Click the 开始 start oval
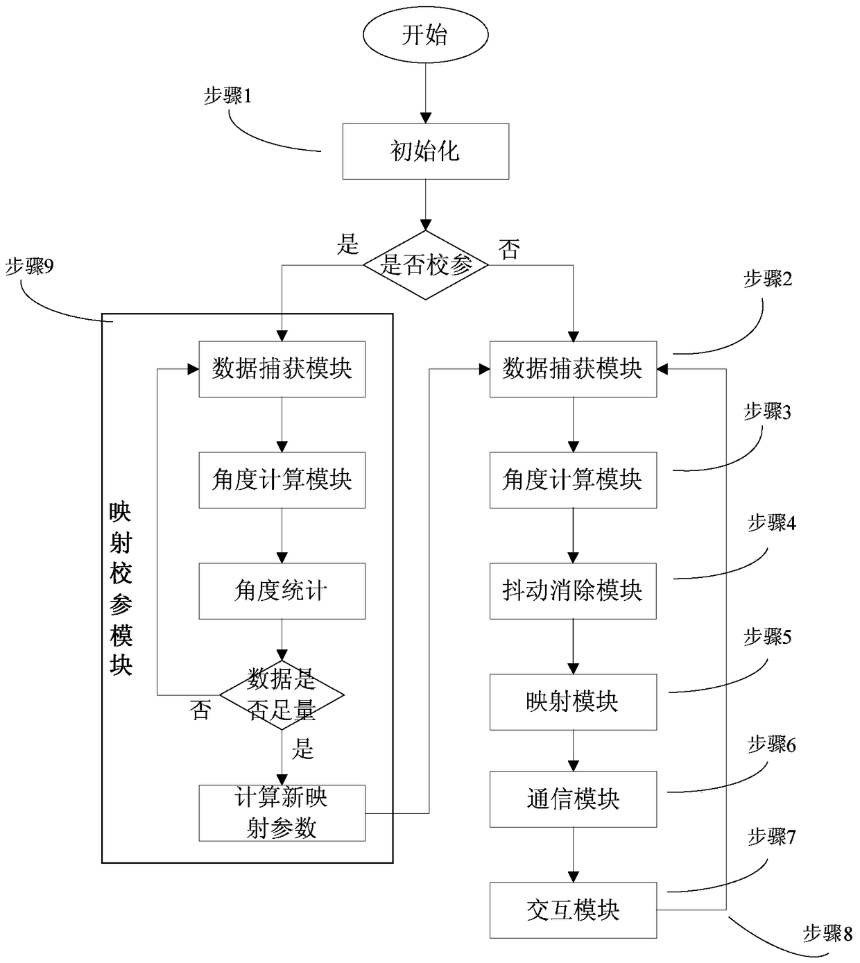click(425, 35)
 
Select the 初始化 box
click(425, 151)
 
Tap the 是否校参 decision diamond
click(425, 264)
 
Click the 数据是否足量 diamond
click(282, 694)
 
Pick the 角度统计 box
click(282, 591)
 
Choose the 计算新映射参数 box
click(282, 812)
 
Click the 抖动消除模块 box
click(573, 591)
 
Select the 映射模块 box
click(573, 701)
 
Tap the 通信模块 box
click(573, 799)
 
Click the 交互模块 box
click(573, 910)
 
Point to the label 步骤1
click(227, 96)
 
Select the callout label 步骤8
click(827, 933)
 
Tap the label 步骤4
click(771, 523)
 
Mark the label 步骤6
click(771, 745)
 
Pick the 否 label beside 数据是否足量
click(200, 710)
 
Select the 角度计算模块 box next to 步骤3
click(573, 480)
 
